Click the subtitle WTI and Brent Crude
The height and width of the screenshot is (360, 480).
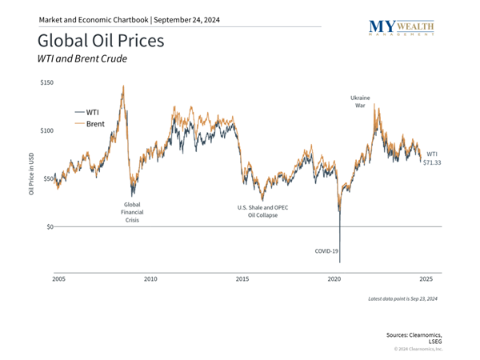coord(83,58)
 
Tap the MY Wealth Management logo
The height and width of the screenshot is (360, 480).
coord(404,29)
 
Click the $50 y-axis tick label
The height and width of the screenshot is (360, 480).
coord(47,178)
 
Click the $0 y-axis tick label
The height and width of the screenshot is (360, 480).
coord(49,226)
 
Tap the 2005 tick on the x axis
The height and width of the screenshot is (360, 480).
coord(58,278)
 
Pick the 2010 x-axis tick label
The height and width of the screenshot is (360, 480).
coord(150,278)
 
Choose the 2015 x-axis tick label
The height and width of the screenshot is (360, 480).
coord(242,278)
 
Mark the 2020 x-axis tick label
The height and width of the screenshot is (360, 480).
coord(334,278)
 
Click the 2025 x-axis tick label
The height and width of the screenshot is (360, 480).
coord(426,278)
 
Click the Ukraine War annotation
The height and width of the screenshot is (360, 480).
coord(360,102)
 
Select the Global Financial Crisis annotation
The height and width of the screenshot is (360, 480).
coord(132,212)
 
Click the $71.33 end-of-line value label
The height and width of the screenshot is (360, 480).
coord(432,162)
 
